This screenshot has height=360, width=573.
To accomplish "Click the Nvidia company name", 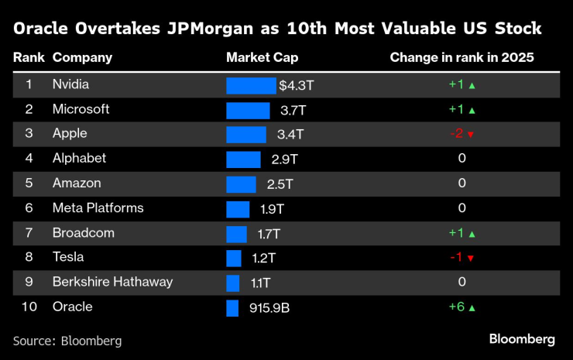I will coord(70,84).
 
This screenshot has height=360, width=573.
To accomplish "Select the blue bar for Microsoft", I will coord(248,110).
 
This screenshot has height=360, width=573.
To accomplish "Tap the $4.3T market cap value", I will coord(296,85).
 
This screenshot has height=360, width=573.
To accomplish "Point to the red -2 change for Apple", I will coord(456,134).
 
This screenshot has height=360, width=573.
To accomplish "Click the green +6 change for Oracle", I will coord(456,307).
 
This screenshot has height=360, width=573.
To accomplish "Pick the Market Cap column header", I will coord(262,57).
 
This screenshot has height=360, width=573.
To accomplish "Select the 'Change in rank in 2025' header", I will coord(461,57).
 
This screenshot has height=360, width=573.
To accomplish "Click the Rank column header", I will coord(28,57).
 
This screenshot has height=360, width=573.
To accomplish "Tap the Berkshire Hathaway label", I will coord(112,282).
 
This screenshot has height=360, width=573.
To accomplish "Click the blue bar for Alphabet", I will coord(243,159).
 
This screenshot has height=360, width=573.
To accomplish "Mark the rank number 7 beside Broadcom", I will coord(29,232).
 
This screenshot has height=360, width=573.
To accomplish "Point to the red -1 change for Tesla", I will coord(456,258).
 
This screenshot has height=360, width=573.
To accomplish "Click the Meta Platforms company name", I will coord(98,207).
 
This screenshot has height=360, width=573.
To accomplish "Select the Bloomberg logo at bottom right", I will coord(521,339).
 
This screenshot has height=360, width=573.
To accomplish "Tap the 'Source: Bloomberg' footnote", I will coord(67,340).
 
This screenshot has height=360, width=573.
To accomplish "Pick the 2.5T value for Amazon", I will coord(280,184).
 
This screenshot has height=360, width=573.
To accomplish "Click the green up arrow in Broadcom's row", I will coord(472,233).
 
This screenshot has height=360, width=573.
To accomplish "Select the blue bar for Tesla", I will coord(234,258).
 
